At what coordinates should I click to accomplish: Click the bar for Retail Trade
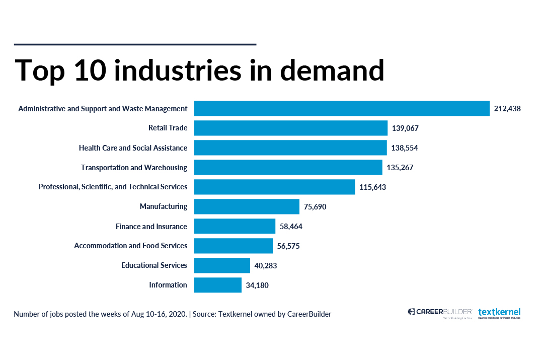290,128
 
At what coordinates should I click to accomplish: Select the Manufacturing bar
247,206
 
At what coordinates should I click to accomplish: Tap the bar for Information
217,285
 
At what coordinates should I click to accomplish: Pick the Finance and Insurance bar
235,226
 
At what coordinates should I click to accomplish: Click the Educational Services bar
222,265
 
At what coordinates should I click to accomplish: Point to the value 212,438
507,109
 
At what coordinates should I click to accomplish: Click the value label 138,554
405,148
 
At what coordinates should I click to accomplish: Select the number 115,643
373,187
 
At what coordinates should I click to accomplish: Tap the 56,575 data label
288,246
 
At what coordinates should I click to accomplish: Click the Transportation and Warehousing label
134,168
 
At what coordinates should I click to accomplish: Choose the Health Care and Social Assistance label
133,148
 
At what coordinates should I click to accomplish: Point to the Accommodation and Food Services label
130,246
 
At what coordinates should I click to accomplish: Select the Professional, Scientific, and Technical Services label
113,187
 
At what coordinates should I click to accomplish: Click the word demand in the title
332,70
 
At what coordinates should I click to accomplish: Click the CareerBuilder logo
439,313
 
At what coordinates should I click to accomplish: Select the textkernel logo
499,313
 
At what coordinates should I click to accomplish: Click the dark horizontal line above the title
135,44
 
